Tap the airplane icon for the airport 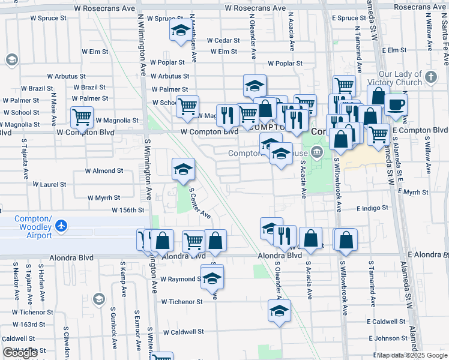tap(61, 226)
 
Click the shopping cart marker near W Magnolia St tap(82, 118)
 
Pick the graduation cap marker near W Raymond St tap(212, 277)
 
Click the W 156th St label tap(128, 210)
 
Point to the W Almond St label tap(104, 170)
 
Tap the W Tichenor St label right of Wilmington tap(182, 302)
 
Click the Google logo tap(20, 353)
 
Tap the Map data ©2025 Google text tap(411, 355)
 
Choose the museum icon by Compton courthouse tap(318, 153)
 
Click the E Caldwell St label tap(387, 322)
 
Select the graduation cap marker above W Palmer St tap(255, 86)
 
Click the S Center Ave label tap(200, 203)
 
